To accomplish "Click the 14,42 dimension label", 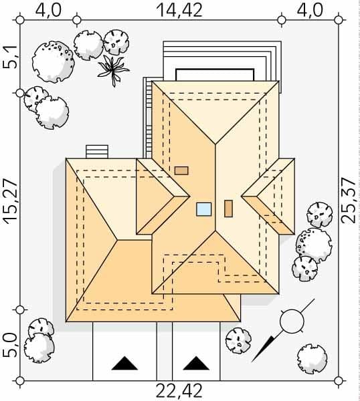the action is coord(179,10).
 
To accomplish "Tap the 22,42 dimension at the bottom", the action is coord(179,390).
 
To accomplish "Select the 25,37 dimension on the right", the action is coord(349,200).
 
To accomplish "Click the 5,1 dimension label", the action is coord(10,57).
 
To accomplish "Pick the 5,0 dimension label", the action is coord(10,346).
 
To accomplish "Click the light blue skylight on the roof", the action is coord(204,209).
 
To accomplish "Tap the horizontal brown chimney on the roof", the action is coord(181,170).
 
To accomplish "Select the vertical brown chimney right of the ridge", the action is coord(228,209).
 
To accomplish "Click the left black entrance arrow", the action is coord(124,363).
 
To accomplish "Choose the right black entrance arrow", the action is coord(196,363).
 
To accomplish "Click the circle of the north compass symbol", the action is coord(292,321).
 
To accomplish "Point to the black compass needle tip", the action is coord(252,362).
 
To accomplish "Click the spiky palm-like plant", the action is coord(113,70).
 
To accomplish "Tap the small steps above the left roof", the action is coord(97,152).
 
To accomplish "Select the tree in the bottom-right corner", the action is coord(312,358).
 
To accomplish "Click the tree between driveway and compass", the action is coord(238,341).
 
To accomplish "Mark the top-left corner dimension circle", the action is coord(20,19).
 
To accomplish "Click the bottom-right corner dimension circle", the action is coord(339,381).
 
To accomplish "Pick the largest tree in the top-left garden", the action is coord(54,62).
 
